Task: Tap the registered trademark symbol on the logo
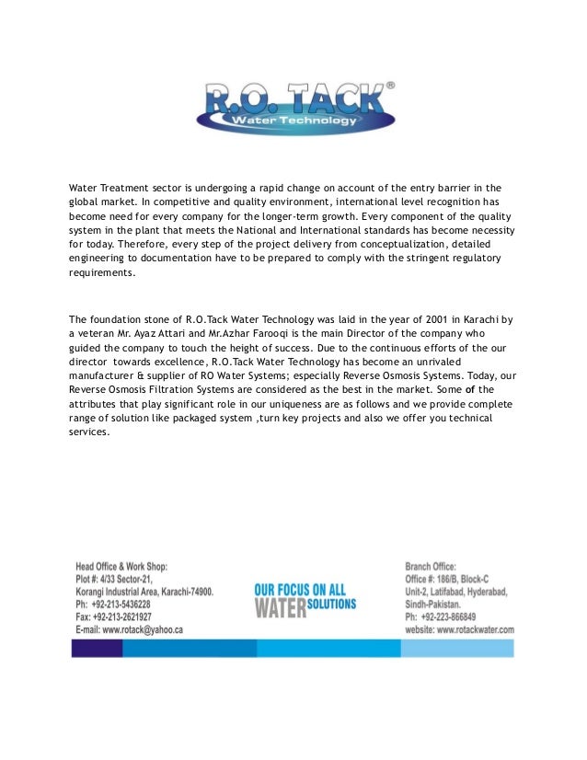point(390,85)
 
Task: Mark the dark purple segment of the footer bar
point(97,649)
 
